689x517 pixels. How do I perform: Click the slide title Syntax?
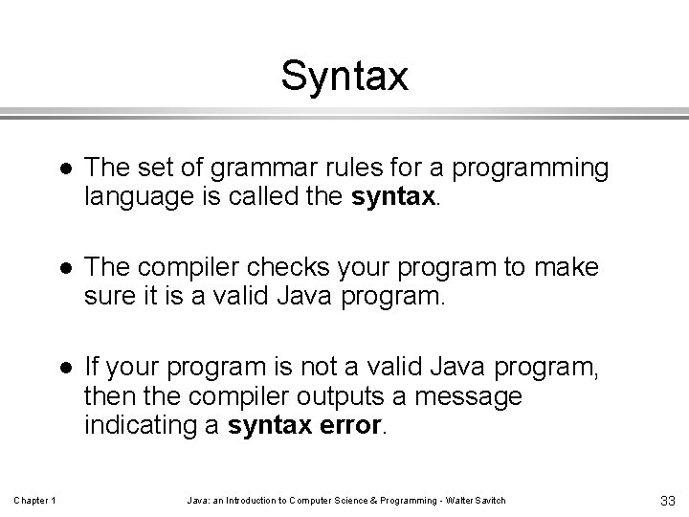coord(344,77)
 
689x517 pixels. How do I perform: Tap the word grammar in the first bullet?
coord(243,169)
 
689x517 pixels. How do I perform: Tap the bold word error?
coord(349,425)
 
